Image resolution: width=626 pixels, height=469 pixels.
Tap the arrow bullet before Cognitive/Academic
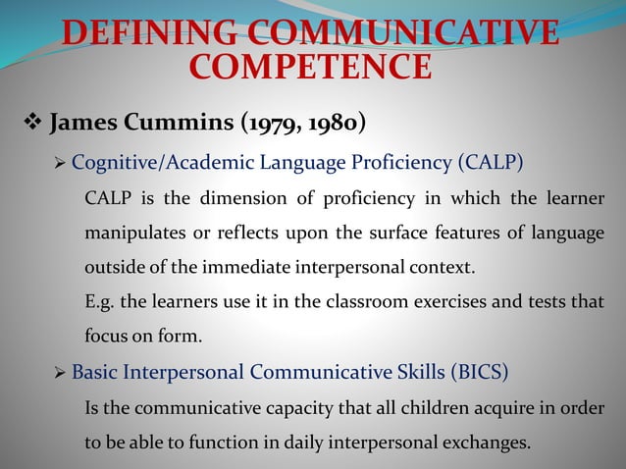(61, 162)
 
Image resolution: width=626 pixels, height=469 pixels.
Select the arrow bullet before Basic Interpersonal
(61, 373)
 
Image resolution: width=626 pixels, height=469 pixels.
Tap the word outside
(115, 268)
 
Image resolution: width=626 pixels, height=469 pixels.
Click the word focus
(107, 339)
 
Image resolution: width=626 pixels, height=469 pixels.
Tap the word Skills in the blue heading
(416, 373)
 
